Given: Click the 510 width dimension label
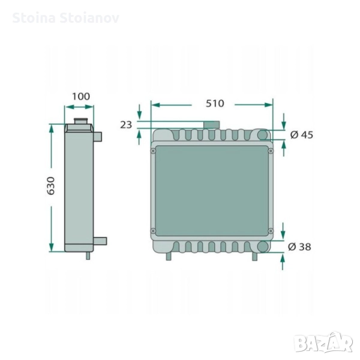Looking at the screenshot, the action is point(215,104).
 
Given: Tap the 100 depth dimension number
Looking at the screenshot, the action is point(81,97).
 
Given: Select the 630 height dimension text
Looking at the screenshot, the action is point(51,186).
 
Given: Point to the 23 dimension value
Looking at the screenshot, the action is point(126,125).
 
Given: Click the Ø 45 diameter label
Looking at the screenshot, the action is point(302,135).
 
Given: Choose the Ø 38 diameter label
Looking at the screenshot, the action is point(299,247).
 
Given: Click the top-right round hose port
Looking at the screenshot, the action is point(262,135).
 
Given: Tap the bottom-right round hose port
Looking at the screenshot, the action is point(262,247).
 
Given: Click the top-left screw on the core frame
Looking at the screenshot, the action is point(153,151).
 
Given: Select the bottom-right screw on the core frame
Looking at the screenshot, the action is point(271,230).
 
